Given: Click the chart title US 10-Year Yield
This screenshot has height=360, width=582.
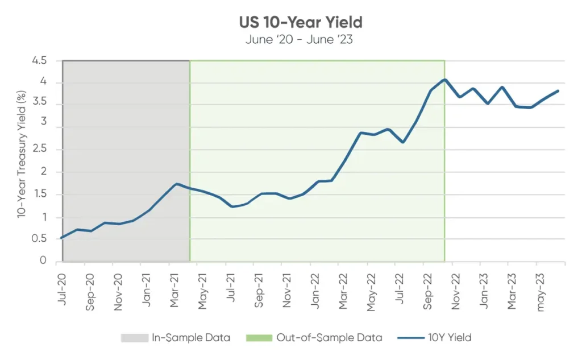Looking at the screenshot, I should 301,23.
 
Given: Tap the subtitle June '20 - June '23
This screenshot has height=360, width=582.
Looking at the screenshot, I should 301,40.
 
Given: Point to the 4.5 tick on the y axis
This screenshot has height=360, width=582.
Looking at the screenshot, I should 40,61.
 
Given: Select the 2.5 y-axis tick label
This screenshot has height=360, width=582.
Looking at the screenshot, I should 40,150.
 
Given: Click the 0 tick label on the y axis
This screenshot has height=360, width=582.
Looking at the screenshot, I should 44,261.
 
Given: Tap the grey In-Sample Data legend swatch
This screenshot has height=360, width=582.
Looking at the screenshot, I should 135,338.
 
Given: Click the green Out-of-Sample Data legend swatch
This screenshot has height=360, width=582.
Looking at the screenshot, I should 258,338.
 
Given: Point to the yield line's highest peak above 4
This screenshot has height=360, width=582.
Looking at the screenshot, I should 444,80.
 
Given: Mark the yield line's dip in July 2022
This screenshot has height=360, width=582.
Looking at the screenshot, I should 402,142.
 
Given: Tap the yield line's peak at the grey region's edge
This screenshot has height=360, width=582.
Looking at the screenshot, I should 177,184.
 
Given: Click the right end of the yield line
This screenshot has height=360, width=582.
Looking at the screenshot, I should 558,91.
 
